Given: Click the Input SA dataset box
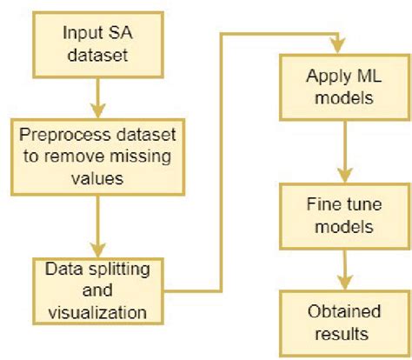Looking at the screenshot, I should coord(98,43).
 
